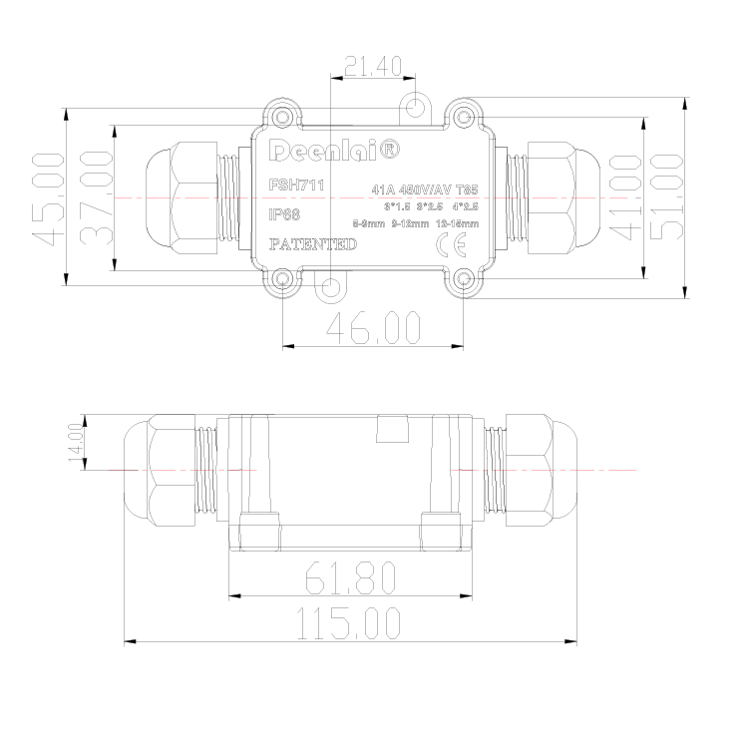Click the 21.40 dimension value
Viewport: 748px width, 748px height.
click(x=373, y=67)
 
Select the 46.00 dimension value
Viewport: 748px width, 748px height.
click(x=374, y=327)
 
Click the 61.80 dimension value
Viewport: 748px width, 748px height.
click(x=350, y=576)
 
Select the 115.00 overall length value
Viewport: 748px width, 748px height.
click(x=350, y=623)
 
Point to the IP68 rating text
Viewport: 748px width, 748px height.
click(x=285, y=213)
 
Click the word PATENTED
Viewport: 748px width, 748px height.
click(x=313, y=244)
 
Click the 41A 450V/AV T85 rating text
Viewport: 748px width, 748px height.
click(x=424, y=188)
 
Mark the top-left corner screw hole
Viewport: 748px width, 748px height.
click(x=284, y=118)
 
